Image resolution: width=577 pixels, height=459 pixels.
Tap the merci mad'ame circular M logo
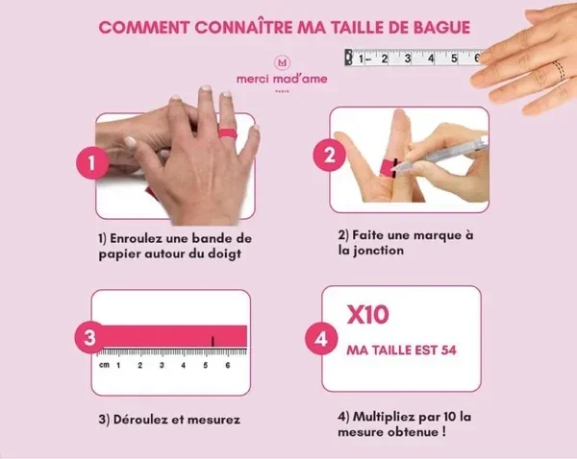[x=282, y=62]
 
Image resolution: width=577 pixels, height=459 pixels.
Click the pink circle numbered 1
[x=92, y=163]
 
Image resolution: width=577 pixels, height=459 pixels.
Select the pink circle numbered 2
[x=329, y=155]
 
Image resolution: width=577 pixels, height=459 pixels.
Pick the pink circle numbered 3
[x=90, y=337]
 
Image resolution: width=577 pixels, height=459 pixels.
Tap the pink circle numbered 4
[x=321, y=339]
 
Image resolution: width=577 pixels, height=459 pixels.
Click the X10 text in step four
[x=367, y=315]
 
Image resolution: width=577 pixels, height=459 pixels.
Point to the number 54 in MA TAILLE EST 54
[x=448, y=350]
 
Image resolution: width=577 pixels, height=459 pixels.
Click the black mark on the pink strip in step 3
[x=213, y=342]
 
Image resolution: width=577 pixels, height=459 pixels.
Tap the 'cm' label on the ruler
[x=104, y=365]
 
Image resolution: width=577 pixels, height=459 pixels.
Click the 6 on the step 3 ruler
[x=228, y=365]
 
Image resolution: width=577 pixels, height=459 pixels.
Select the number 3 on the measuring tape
[x=408, y=59]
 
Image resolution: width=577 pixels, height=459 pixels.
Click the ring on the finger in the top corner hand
[x=558, y=70]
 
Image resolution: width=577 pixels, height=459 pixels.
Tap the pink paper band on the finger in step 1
[x=227, y=133]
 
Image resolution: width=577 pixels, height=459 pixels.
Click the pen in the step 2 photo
[x=440, y=155]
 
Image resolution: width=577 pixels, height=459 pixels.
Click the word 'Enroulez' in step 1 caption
[x=136, y=238]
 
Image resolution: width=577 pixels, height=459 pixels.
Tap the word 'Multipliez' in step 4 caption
[x=385, y=417]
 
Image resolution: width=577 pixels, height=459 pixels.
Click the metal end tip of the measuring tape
[x=348, y=58]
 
